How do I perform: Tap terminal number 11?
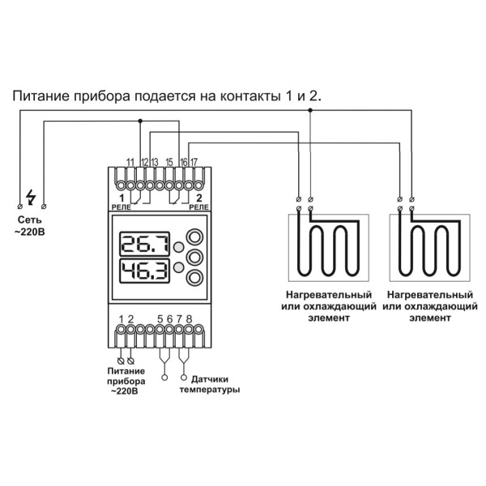[x=130, y=164]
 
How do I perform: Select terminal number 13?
[x=153, y=164]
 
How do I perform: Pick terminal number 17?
[x=194, y=164]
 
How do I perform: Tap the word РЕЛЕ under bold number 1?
[x=120, y=207]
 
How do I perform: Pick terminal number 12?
[x=144, y=164]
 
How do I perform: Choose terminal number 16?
[x=185, y=164]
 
